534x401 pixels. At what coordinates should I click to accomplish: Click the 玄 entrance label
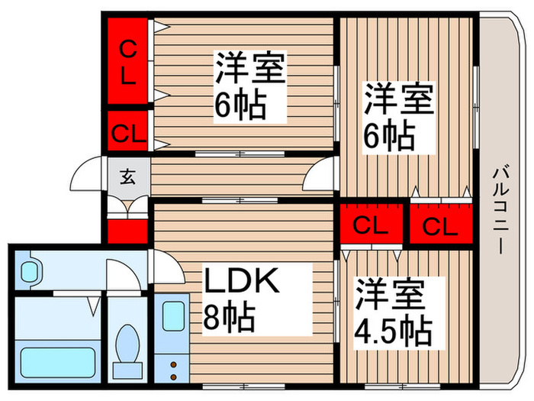tap(127, 177)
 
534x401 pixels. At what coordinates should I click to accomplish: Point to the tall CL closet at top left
tap(127, 61)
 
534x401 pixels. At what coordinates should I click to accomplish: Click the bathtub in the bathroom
tap(57, 363)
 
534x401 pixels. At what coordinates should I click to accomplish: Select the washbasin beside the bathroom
tap(32, 270)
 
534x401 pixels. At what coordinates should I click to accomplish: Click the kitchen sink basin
tap(174, 316)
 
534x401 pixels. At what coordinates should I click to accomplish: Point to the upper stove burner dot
tap(173, 365)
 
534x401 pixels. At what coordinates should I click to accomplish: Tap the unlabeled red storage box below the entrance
tap(127, 231)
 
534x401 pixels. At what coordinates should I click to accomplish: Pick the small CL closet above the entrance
tap(127, 131)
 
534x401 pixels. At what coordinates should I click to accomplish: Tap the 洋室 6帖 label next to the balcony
tap(398, 118)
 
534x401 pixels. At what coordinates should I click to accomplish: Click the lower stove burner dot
tap(173, 377)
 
